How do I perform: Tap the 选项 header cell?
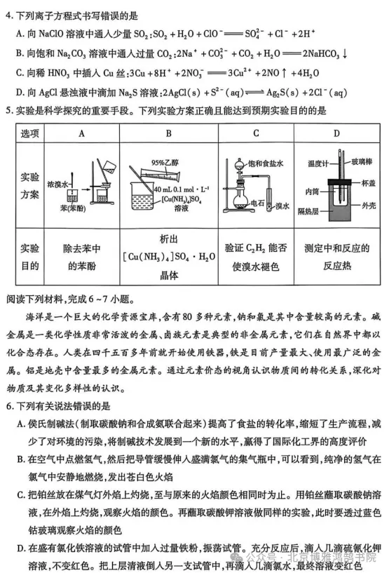[29, 133]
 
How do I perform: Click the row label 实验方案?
[29, 184]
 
